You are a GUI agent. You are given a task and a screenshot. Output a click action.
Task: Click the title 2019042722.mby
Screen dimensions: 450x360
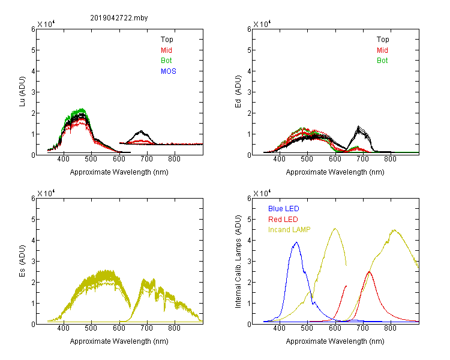click(119, 18)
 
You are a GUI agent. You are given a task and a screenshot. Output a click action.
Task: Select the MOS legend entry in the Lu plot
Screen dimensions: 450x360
click(169, 71)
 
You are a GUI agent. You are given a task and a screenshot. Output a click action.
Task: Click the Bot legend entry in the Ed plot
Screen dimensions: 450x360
click(382, 61)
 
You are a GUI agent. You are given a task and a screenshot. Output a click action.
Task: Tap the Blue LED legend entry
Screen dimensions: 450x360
click(284, 209)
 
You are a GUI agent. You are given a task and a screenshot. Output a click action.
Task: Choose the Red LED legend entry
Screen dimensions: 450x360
click(283, 220)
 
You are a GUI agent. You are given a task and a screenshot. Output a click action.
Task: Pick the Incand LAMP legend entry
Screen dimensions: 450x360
click(289, 230)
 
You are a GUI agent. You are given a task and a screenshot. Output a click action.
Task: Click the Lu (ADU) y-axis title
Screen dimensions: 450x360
click(22, 91)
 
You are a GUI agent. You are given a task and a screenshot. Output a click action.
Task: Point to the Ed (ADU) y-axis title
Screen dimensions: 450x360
click(238, 92)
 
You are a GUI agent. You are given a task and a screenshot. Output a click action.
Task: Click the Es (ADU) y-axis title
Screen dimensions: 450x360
click(22, 260)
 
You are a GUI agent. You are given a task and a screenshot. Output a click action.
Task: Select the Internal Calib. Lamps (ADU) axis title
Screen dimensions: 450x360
click(238, 262)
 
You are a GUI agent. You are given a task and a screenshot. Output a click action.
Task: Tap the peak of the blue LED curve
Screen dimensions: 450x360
click(296, 242)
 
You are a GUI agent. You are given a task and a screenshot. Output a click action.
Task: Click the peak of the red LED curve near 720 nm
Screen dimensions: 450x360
click(369, 272)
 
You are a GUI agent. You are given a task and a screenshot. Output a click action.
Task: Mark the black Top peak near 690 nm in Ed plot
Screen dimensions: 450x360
click(358, 127)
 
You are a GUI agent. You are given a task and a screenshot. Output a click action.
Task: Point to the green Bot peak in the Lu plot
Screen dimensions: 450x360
click(82, 109)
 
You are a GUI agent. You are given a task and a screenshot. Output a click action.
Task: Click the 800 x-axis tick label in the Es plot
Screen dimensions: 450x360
click(174, 328)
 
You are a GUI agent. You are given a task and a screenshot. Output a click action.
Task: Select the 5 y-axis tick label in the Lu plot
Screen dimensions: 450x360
click(33, 50)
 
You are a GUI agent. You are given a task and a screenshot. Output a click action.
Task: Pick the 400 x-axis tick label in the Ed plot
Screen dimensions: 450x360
click(279, 159)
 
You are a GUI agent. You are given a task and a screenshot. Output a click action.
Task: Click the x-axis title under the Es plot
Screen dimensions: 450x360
click(119, 341)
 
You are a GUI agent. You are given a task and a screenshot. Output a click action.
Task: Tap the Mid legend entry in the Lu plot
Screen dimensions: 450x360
click(166, 50)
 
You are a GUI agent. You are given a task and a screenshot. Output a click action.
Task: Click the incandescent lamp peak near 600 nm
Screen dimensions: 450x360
click(335, 229)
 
